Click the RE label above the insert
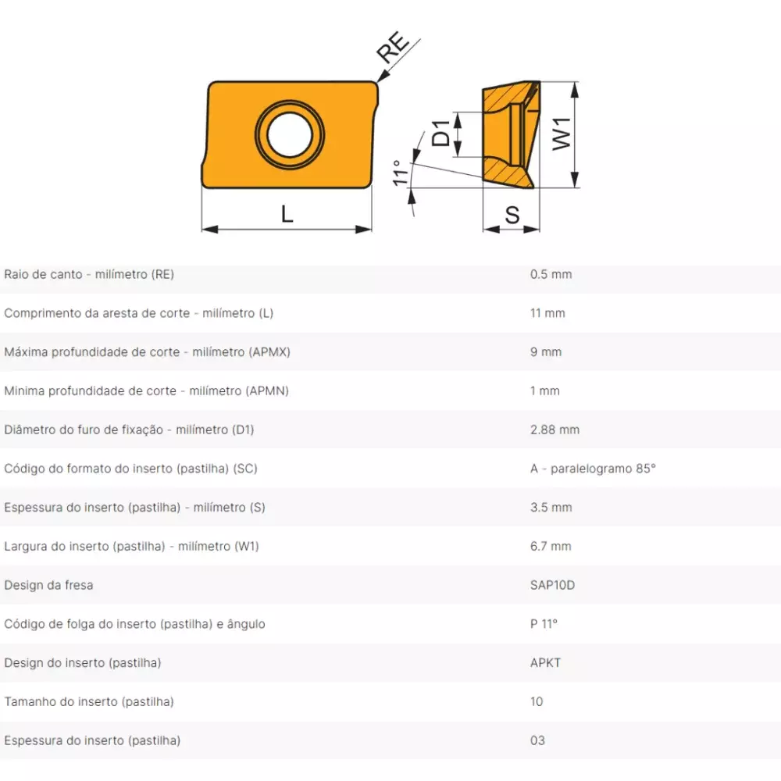pos(393,48)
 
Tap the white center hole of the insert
pos(290,135)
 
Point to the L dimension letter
pos(287,214)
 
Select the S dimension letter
pos(512,216)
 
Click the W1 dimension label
pos(562,134)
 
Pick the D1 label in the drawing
pos(440,134)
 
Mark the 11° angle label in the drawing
pos(401,173)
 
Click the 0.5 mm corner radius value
pos(551,274)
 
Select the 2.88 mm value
pos(555,430)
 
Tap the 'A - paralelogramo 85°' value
pos(594,469)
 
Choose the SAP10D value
pos(552,585)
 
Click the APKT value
pos(545,663)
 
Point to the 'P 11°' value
pos(544,624)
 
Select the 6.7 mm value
pos(551,547)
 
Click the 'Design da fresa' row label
pos(48,585)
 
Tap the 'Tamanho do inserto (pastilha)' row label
pos(89,702)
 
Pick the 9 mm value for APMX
pos(546,352)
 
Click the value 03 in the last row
pos(537,740)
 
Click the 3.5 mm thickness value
pos(551,508)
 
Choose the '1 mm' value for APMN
pos(545,391)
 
